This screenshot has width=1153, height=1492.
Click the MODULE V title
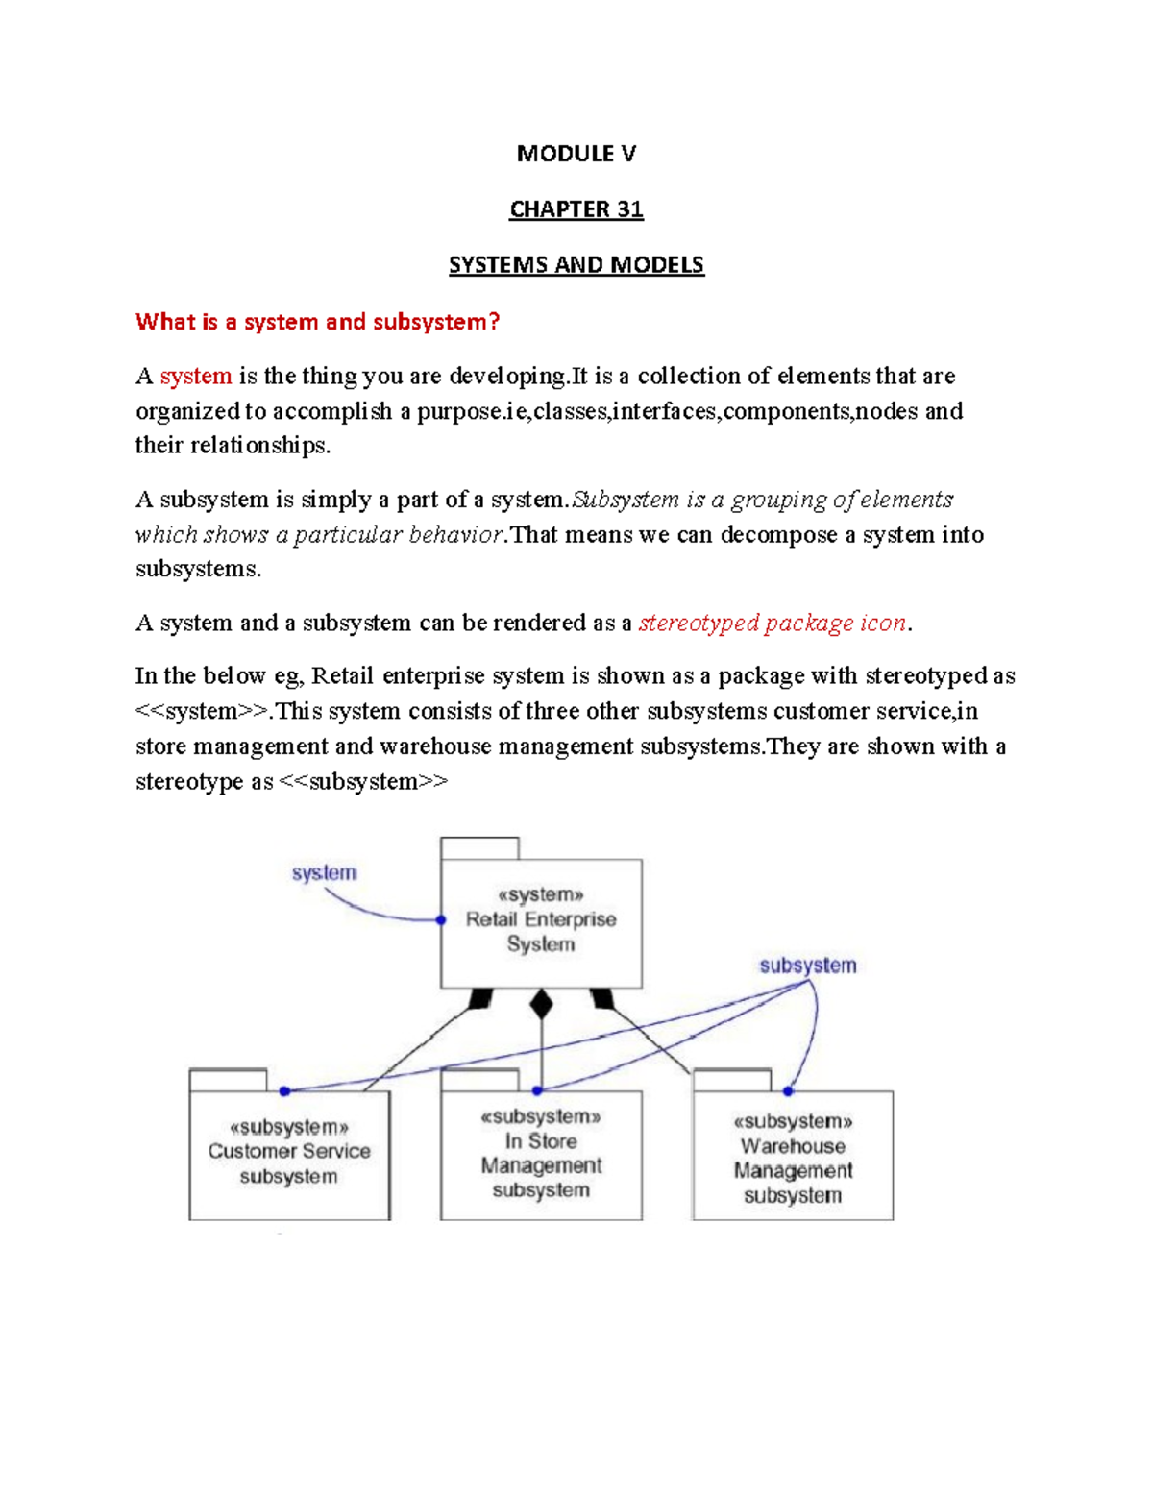click(x=576, y=154)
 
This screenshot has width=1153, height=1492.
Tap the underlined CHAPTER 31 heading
click(x=576, y=209)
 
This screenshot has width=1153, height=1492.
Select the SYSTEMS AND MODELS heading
click(x=576, y=265)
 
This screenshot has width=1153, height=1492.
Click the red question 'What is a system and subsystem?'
click(x=317, y=322)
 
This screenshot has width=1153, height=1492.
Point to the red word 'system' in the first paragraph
click(x=196, y=376)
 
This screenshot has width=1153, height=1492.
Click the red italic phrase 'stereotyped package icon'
click(x=773, y=623)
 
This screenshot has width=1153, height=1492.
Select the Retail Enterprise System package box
click(x=541, y=922)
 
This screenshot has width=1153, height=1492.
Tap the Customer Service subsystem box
click(x=289, y=1153)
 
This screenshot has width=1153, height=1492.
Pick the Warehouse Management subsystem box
click(x=793, y=1158)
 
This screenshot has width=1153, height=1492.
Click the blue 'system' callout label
click(x=324, y=873)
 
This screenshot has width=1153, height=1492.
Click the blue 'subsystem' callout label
click(x=807, y=966)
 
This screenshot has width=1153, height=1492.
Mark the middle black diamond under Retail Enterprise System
click(x=542, y=1004)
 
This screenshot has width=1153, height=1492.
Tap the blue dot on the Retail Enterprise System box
click(x=441, y=920)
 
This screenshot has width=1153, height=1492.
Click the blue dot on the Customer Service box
click(x=284, y=1091)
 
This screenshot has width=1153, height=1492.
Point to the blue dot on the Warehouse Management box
click(x=788, y=1091)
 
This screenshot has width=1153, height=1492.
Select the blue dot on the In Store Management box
click(x=538, y=1091)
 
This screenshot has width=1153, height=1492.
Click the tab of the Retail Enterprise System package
click(x=479, y=848)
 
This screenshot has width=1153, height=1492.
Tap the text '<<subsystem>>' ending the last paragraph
click(x=363, y=782)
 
